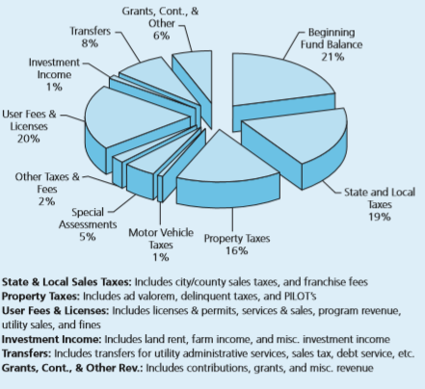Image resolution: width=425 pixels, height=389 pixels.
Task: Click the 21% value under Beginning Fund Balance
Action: tap(332, 57)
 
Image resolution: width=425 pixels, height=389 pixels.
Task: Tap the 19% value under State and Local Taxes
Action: tap(380, 217)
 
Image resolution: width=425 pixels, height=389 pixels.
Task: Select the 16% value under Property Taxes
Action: tap(236, 250)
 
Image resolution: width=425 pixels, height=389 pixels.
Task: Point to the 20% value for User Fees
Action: tap(29, 139)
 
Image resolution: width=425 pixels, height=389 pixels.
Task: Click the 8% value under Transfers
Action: tap(90, 43)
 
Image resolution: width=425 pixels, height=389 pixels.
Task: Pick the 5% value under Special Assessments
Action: tap(88, 237)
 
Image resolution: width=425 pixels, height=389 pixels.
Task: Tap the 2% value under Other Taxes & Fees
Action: tap(46, 201)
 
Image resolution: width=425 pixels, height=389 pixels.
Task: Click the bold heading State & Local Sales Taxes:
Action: tap(66, 282)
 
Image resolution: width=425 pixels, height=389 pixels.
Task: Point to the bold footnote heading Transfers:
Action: tap(26, 353)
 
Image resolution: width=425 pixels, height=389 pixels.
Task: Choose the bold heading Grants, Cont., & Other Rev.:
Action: tap(72, 368)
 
